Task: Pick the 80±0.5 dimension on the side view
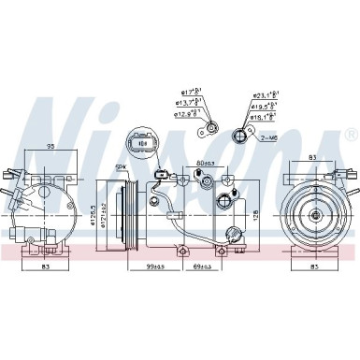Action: [x=207, y=165]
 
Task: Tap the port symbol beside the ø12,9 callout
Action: [x=214, y=127]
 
